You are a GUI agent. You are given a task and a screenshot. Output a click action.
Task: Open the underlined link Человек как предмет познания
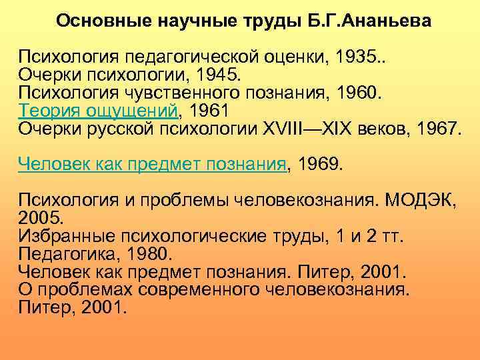coord(151,164)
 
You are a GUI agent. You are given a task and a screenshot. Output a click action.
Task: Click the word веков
coord(380,128)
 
